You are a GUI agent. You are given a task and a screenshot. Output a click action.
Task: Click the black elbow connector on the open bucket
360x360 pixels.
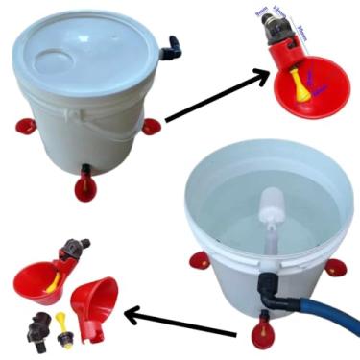coord(268,289)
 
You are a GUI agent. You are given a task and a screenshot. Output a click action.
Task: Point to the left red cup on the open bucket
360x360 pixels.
coord(197,258)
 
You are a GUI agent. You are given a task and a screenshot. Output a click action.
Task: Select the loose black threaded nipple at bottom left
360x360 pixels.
coord(39,324)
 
